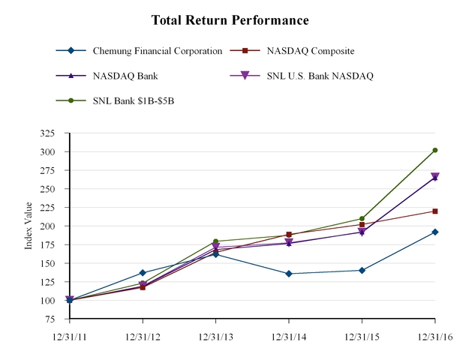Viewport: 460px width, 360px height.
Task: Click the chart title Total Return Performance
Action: pos(230,19)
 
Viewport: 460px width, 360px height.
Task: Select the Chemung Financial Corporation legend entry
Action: pos(157,51)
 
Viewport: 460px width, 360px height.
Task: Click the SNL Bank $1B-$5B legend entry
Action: pos(136,100)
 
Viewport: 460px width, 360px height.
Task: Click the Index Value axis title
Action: pos(29,226)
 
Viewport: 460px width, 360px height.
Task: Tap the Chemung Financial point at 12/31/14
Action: pos(289,274)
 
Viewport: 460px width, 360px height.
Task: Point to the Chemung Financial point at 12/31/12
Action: pos(143,273)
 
